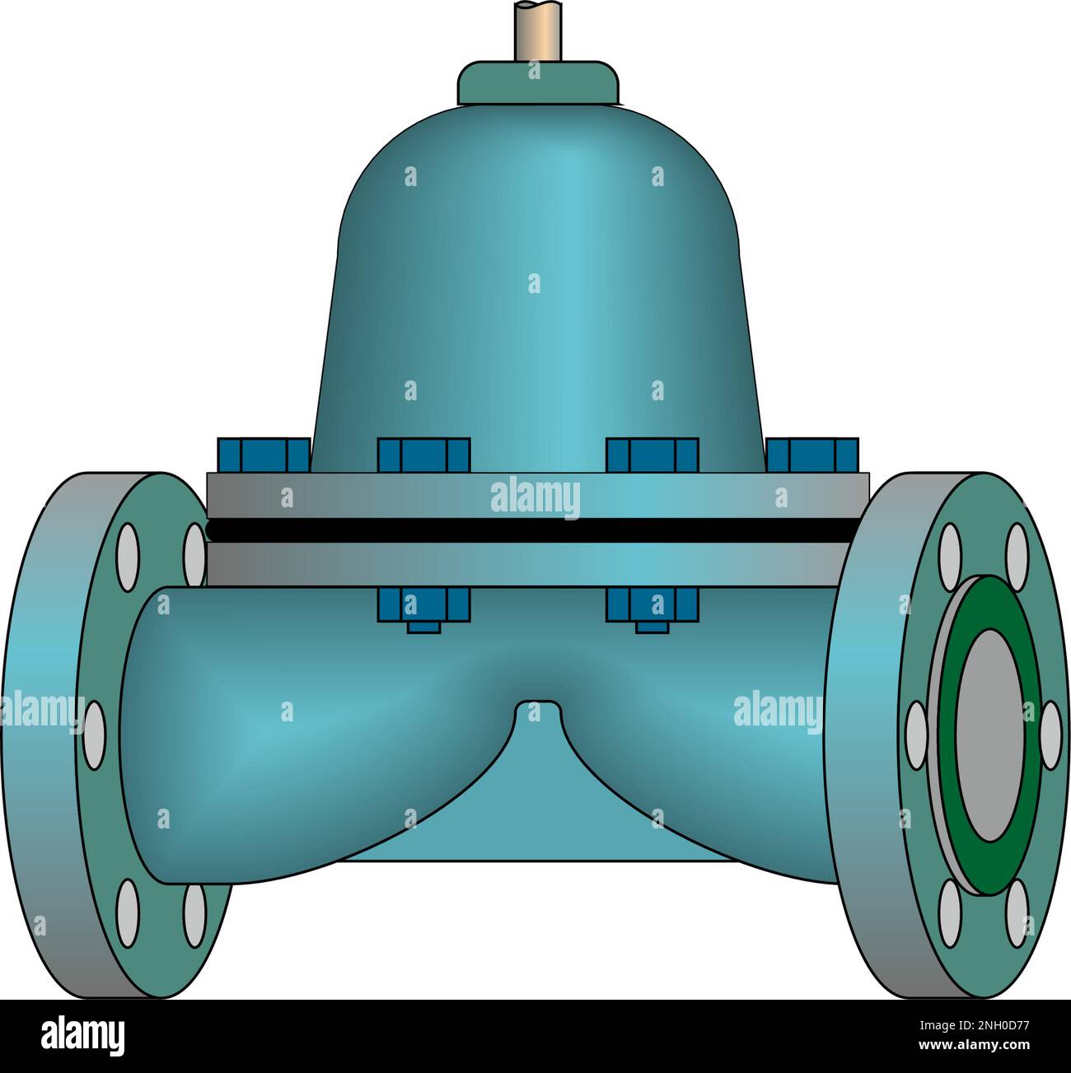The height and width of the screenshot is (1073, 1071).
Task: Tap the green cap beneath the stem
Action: click(x=538, y=82)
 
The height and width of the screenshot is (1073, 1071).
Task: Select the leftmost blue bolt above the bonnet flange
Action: click(x=263, y=455)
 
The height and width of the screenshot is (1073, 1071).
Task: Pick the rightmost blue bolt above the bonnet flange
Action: click(x=813, y=455)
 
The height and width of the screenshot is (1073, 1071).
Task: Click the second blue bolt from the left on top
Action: click(x=423, y=455)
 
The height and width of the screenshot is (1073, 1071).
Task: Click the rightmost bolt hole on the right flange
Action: click(x=1050, y=735)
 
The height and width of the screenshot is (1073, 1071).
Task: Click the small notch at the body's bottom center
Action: click(x=536, y=708)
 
